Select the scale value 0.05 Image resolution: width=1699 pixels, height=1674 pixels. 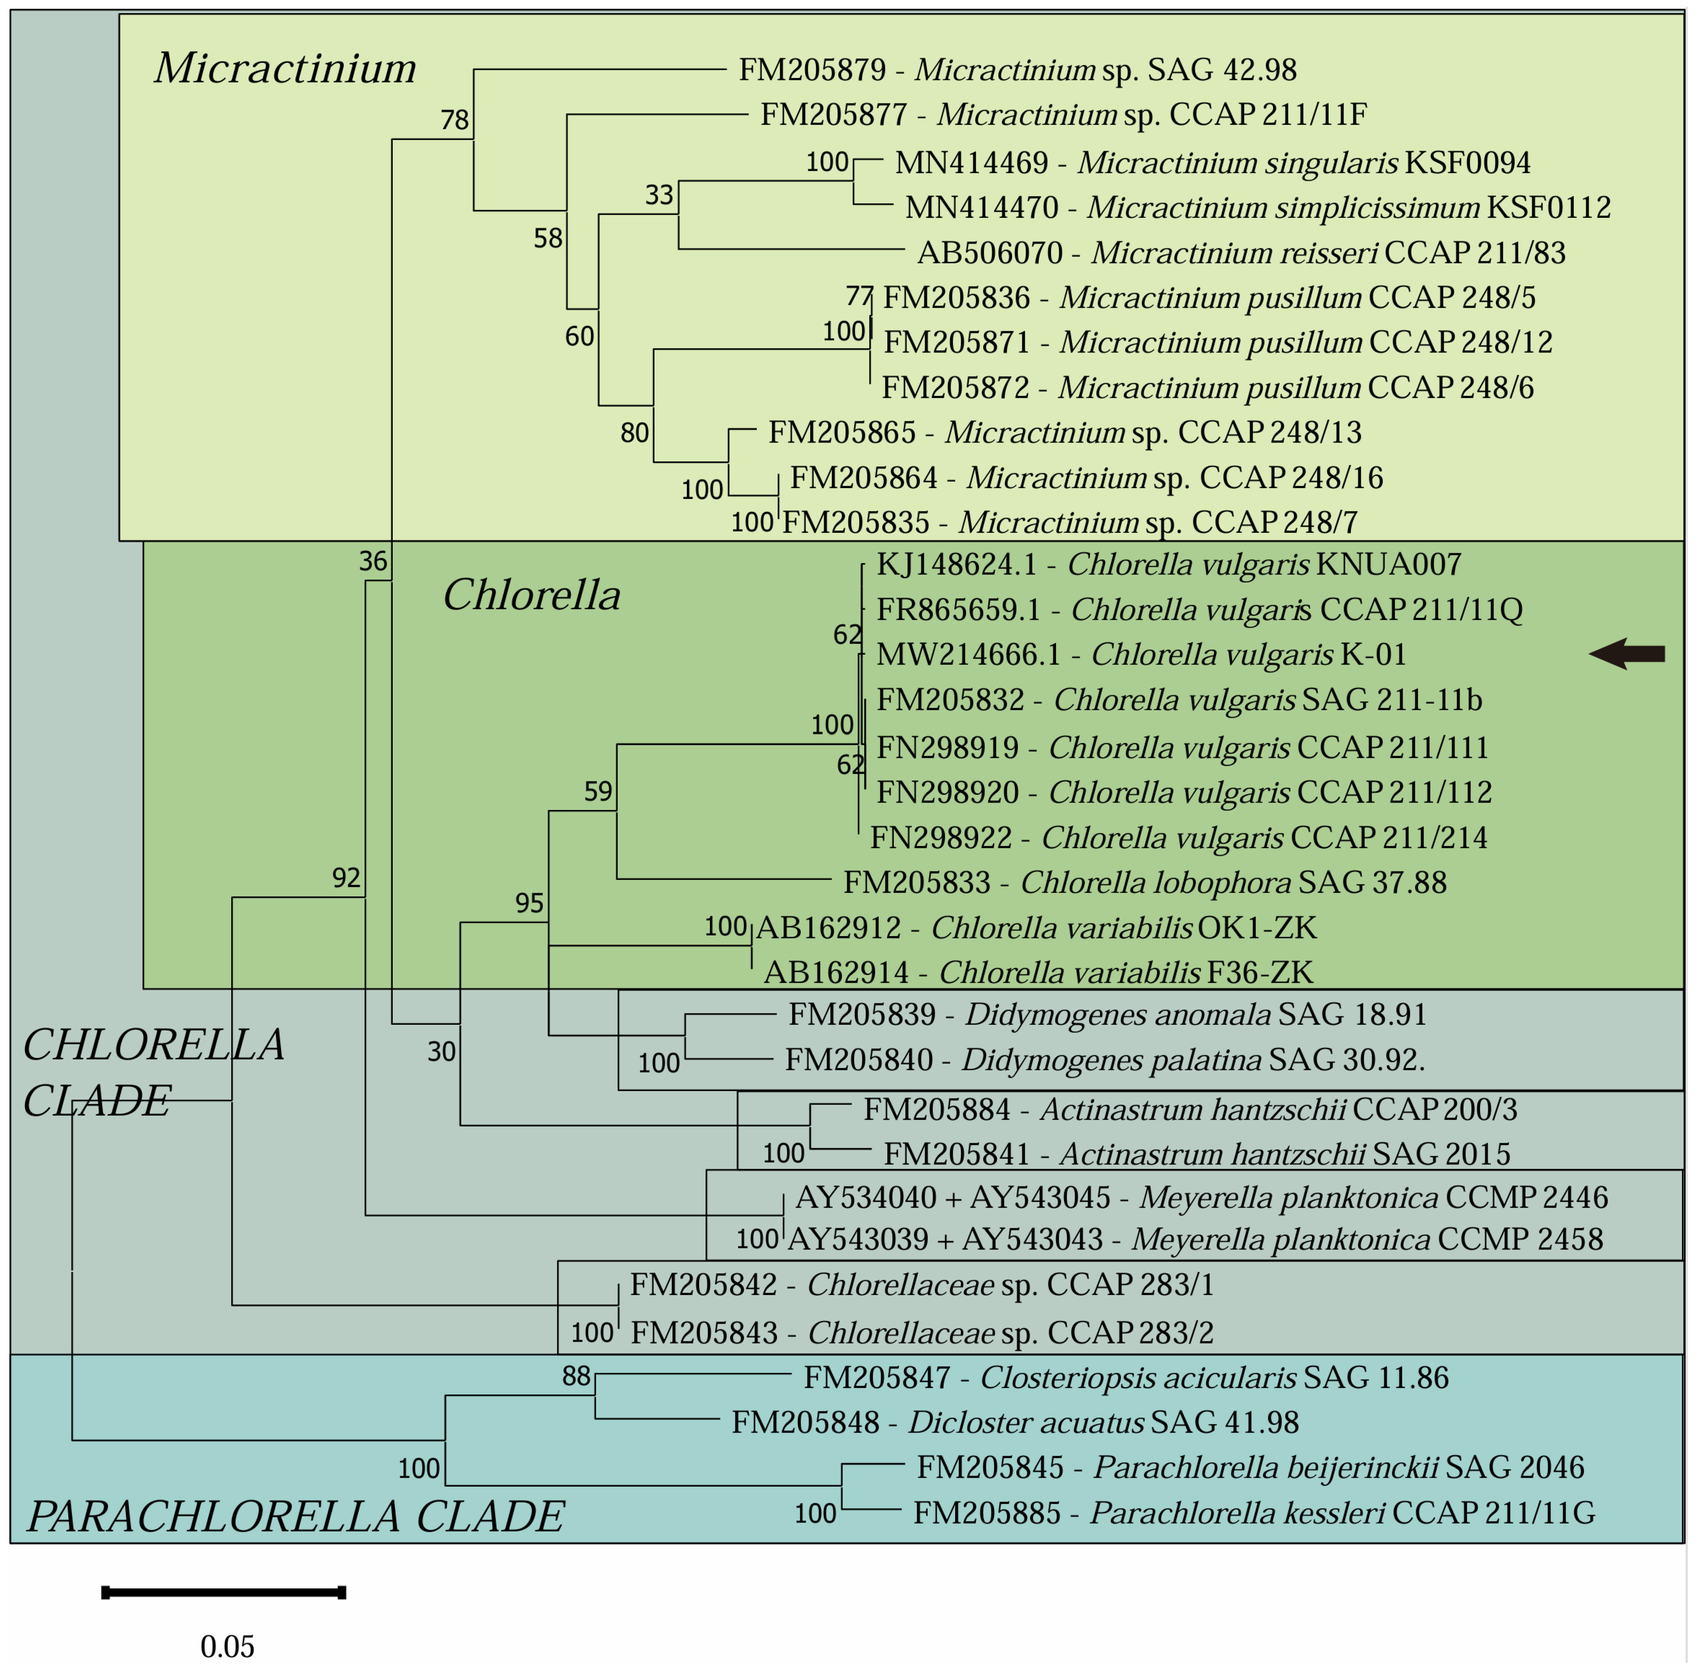click(227, 1646)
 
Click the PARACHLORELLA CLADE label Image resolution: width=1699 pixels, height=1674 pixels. click(295, 1517)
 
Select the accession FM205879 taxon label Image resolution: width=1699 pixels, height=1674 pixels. click(1017, 69)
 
